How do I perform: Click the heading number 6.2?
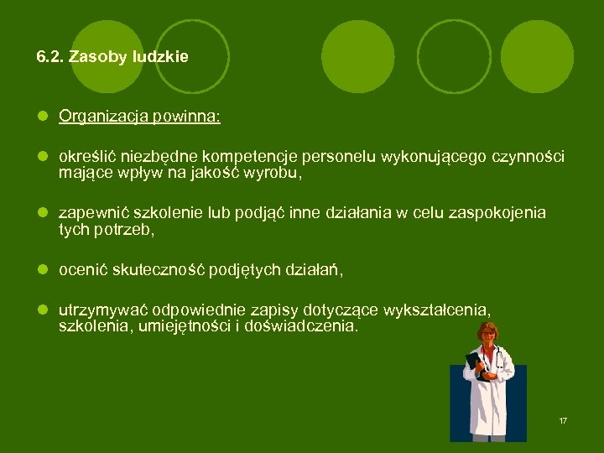[50, 57]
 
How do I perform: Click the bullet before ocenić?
[41, 269]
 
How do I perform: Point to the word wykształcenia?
[436, 310]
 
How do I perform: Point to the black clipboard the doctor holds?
[476, 362]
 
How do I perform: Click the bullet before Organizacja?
[41, 117]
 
